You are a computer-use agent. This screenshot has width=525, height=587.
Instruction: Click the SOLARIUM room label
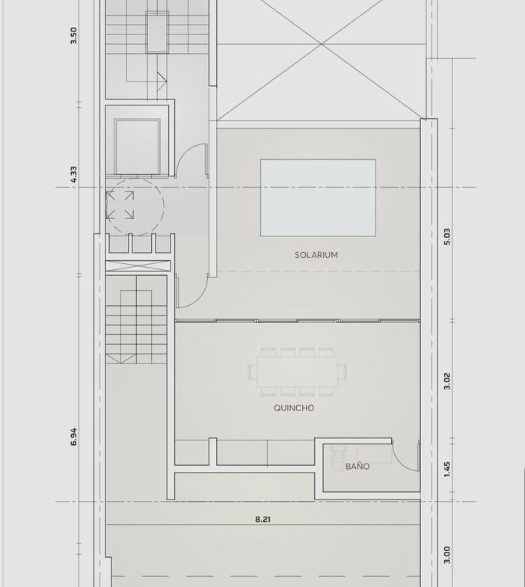click(x=316, y=255)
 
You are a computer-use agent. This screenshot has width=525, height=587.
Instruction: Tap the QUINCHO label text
click(x=294, y=408)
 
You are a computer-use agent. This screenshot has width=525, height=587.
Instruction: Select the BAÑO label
click(x=357, y=466)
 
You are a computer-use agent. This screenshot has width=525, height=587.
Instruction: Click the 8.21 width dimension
click(x=262, y=519)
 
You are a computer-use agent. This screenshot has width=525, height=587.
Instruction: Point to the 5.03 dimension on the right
click(x=447, y=236)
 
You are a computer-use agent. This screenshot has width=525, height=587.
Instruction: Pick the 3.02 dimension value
click(x=447, y=381)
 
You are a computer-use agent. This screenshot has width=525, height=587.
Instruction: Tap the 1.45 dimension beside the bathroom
click(x=447, y=470)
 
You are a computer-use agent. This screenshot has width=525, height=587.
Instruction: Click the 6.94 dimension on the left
click(x=73, y=437)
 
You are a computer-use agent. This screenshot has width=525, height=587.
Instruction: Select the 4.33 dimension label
click(x=73, y=174)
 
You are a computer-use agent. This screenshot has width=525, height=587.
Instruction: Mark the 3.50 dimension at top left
click(x=73, y=36)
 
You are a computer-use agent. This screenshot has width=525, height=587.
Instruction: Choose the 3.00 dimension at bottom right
click(x=447, y=555)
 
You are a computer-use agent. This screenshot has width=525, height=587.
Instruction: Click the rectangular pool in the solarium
click(x=319, y=197)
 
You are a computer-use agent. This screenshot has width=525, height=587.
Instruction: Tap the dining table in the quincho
click(x=298, y=372)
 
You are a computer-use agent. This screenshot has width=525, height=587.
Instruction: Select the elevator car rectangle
click(x=137, y=147)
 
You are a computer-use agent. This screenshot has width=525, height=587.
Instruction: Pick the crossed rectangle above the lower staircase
click(x=138, y=265)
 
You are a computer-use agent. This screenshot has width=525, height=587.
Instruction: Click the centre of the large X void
click(x=321, y=44)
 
